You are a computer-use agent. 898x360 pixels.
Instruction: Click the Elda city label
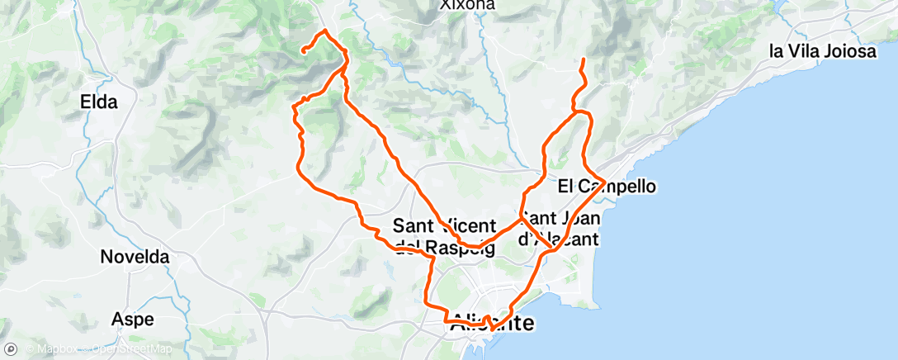coord(99,102)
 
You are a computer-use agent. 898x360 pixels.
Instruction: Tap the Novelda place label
coord(135,257)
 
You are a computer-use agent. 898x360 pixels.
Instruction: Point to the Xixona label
coord(467,5)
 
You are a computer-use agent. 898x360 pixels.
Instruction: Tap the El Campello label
coord(607,187)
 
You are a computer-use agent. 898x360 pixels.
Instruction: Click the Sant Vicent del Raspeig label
coord(444,235)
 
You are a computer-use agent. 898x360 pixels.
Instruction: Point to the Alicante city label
coord(493,324)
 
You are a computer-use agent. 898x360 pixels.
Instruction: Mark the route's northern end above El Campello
coord(584,60)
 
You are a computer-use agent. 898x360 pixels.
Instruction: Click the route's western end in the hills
coord(304,51)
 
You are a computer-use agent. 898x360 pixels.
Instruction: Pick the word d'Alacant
coord(558,239)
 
